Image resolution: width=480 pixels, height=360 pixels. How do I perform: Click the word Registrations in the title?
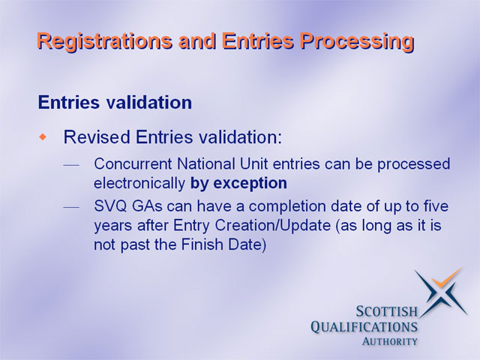pyautogui.click(x=104, y=41)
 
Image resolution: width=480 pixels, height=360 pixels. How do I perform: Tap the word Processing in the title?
pyautogui.click(x=357, y=41)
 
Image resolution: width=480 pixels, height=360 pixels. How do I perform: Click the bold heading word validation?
pyautogui.click(x=149, y=102)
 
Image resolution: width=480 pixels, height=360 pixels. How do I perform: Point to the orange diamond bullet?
pyautogui.click(x=43, y=136)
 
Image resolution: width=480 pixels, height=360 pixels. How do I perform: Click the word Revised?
pyautogui.click(x=97, y=136)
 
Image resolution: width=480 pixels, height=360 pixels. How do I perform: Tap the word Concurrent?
pyautogui.click(x=133, y=163)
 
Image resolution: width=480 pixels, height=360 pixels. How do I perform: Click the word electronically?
pyautogui.click(x=139, y=183)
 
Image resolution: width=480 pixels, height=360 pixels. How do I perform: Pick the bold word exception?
pyautogui.click(x=250, y=184)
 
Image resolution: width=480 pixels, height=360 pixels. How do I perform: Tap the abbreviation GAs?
pyautogui.click(x=147, y=206)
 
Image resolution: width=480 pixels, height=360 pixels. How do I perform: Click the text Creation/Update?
pyautogui.click(x=273, y=225)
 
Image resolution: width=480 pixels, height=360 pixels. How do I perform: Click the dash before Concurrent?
pyautogui.click(x=71, y=165)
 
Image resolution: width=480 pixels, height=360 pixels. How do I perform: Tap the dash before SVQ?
pyautogui.click(x=71, y=207)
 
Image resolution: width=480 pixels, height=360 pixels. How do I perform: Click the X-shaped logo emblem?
pyautogui.click(x=442, y=292)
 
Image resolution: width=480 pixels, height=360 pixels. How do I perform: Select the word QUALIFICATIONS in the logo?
pyautogui.click(x=364, y=327)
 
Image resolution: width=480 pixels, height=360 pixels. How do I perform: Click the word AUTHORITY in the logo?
pyautogui.click(x=390, y=342)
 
